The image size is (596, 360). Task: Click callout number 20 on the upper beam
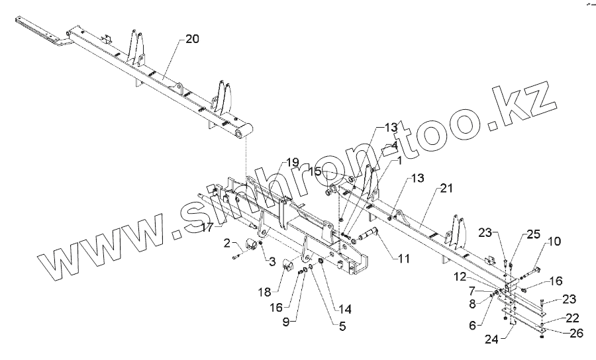tap(191, 39)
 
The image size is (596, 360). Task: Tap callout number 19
tap(292, 161)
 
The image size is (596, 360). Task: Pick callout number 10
tap(554, 242)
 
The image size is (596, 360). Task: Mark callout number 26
tap(576, 333)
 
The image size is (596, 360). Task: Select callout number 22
tap(573, 318)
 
